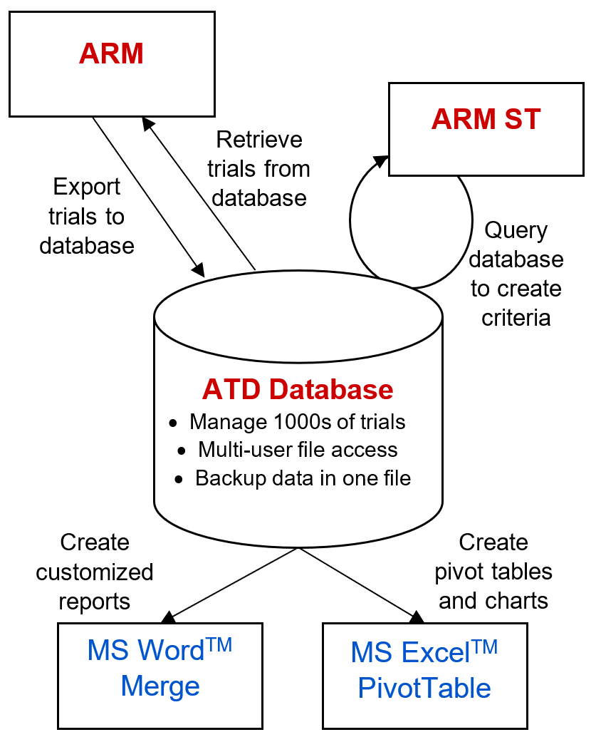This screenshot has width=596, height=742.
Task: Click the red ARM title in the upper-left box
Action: pyautogui.click(x=111, y=54)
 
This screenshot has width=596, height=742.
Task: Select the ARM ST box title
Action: pyautogui.click(x=486, y=119)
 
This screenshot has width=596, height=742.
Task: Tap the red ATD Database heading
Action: pyautogui.click(x=298, y=389)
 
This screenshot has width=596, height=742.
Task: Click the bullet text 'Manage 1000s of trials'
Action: pyautogui.click(x=297, y=422)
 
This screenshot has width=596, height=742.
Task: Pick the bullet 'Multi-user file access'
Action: pyautogui.click(x=298, y=450)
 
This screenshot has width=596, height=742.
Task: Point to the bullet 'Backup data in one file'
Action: pyautogui.click(x=303, y=478)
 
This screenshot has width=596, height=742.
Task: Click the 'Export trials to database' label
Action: pyautogui.click(x=87, y=216)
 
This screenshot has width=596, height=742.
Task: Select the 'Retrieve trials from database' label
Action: pyautogui.click(x=259, y=168)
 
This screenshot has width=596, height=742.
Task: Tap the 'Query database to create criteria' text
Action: pyautogui.click(x=516, y=274)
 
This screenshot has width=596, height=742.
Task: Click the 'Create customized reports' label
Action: pyautogui.click(x=95, y=572)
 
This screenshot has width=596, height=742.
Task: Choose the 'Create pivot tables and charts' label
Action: pyautogui.click(x=493, y=572)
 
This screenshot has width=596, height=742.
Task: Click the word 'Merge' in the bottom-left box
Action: pyautogui.click(x=160, y=686)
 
